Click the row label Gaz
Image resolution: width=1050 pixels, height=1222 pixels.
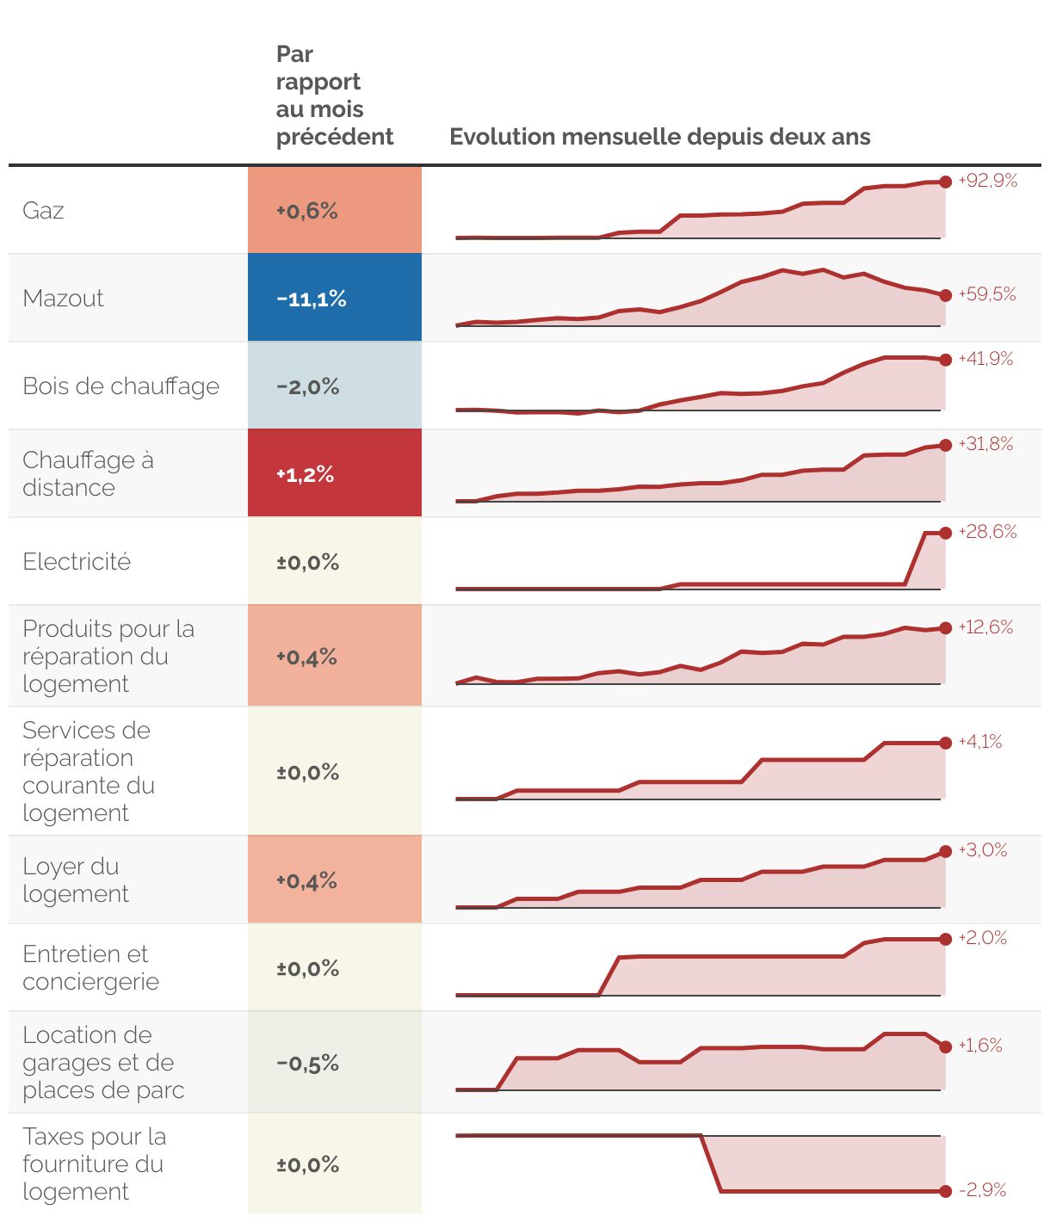click(x=43, y=211)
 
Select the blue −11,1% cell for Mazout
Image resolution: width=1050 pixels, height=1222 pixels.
click(x=335, y=299)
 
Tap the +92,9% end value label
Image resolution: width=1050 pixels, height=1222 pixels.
click(x=987, y=181)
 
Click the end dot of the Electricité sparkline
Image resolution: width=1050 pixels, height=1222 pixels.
click(x=945, y=534)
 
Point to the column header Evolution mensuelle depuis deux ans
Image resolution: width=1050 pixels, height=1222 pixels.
click(x=659, y=137)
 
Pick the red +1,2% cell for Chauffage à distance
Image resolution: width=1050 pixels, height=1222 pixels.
click(x=335, y=474)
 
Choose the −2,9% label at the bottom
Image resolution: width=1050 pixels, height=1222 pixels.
click(x=982, y=1190)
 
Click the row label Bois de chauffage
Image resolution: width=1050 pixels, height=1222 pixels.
click(x=120, y=386)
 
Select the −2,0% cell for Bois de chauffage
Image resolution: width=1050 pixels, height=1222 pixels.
click(x=335, y=386)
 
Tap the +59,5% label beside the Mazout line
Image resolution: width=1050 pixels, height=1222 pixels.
click(x=986, y=294)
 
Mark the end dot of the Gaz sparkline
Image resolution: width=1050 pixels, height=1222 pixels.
click(x=945, y=182)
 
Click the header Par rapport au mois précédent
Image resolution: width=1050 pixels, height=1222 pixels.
click(x=335, y=96)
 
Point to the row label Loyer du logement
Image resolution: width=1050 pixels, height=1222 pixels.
click(x=76, y=879)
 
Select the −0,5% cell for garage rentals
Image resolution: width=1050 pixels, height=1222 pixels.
click(x=335, y=1063)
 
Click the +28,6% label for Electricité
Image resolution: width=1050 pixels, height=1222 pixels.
click(x=987, y=532)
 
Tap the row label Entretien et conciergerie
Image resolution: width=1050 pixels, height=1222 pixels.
click(x=90, y=967)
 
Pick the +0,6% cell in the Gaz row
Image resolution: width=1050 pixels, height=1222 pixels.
click(x=335, y=211)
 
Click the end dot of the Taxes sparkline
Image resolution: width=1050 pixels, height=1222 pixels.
click(x=945, y=1191)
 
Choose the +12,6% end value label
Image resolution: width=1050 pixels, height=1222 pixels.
click(x=985, y=627)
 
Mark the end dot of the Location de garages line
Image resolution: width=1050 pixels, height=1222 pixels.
click(x=945, y=1046)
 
